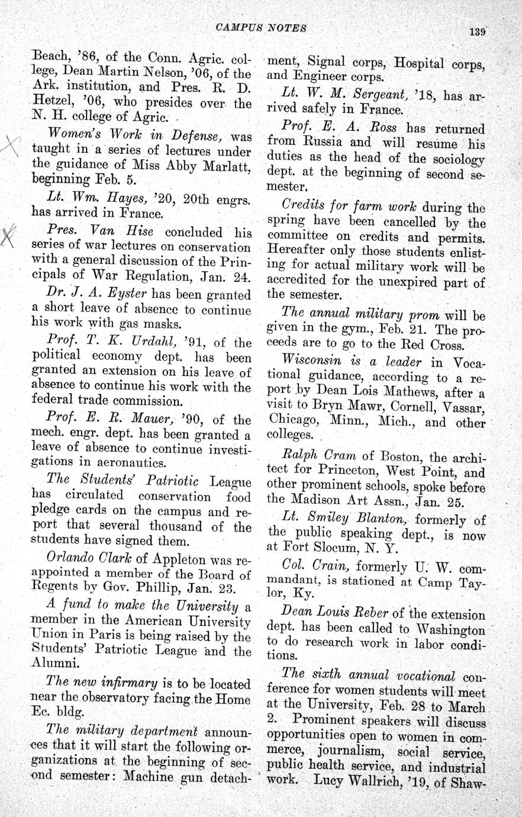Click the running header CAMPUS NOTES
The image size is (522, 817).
[x=253, y=28]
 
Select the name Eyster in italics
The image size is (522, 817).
[x=128, y=294]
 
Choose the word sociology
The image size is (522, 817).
[x=455, y=159]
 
